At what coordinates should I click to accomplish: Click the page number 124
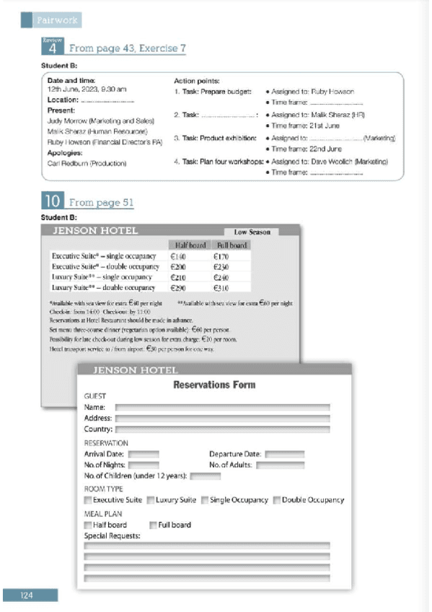(27, 595)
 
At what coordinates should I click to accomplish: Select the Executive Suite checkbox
(88, 500)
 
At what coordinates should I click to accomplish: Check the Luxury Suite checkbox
(151, 500)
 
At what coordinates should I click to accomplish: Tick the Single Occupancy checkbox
(205, 500)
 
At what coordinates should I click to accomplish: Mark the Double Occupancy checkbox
(276, 500)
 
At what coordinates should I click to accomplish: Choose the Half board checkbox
(88, 525)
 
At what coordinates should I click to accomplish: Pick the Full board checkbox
(153, 525)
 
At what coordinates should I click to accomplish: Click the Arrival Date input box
(144, 454)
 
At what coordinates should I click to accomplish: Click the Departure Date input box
(284, 454)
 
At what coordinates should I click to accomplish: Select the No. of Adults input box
(275, 465)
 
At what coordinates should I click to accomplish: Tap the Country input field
(222, 429)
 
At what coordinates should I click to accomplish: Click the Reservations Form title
(214, 385)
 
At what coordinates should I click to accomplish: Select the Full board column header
(231, 245)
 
